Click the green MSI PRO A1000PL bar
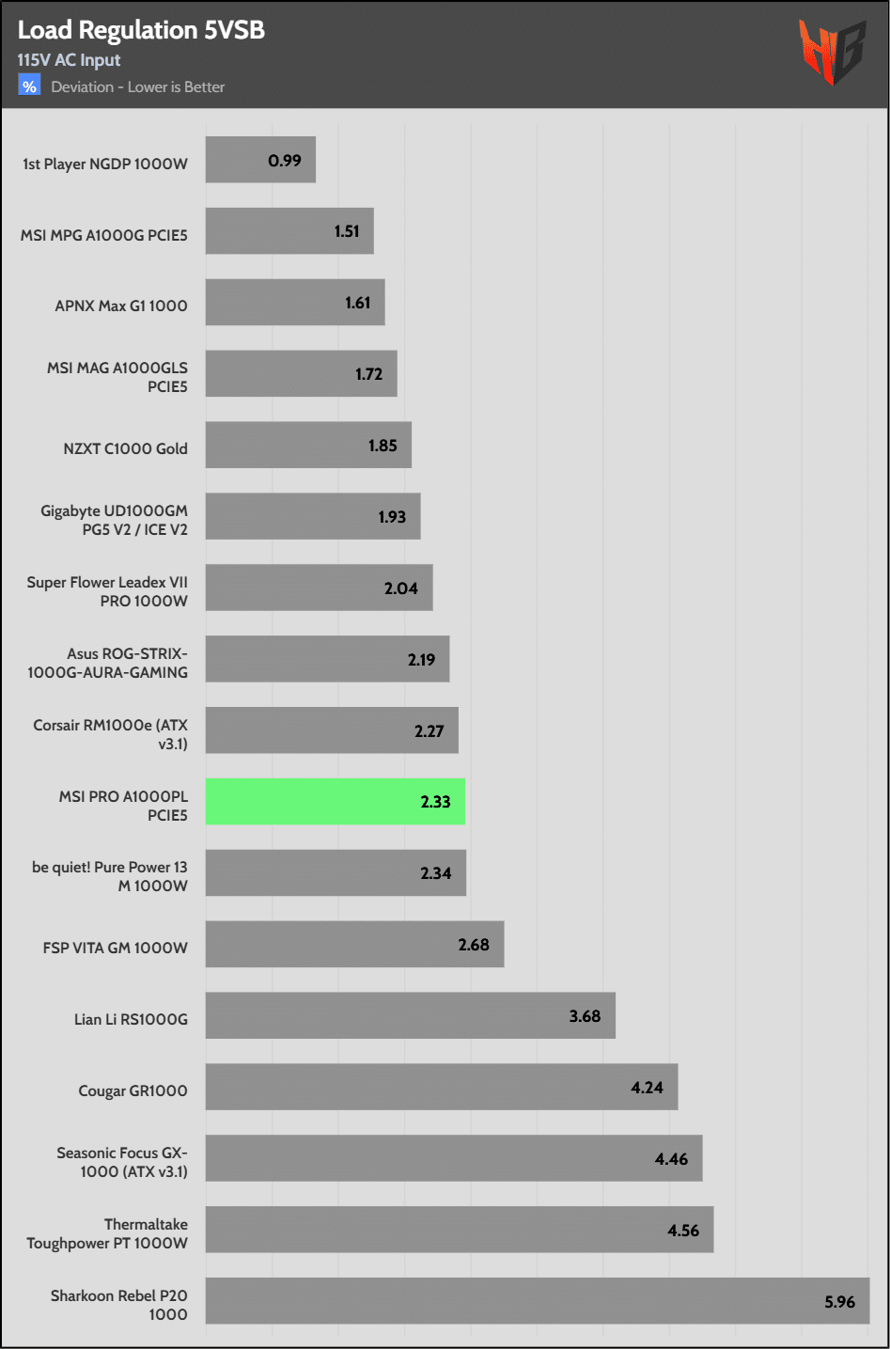[x=335, y=802]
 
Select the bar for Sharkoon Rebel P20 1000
[x=537, y=1301]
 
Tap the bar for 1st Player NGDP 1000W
[x=260, y=160]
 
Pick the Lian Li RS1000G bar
[x=410, y=1015]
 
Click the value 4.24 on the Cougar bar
[x=647, y=1088]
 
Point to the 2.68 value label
[x=474, y=945]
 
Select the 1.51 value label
[x=347, y=231]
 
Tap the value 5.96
[x=839, y=1302]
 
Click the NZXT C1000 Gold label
[x=125, y=448]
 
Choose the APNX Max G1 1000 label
[x=121, y=306]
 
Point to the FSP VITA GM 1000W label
[x=115, y=948]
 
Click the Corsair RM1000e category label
[x=110, y=734]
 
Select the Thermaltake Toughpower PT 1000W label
[x=107, y=1233]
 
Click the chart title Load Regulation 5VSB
[x=141, y=30]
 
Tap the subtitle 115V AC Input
[x=69, y=60]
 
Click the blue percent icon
[x=29, y=86]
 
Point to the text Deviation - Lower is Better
[x=138, y=87]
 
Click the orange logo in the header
[x=831, y=52]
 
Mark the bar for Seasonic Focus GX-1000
[x=453, y=1158]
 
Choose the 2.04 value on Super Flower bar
[x=400, y=588]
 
